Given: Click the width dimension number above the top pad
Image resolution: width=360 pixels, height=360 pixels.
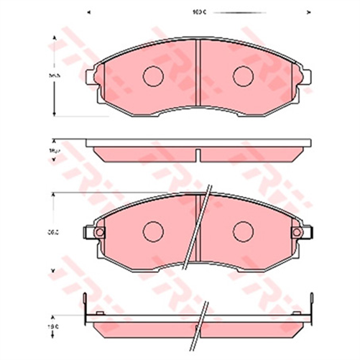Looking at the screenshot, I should click(198, 12).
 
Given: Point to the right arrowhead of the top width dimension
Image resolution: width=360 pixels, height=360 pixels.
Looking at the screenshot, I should click(310, 12).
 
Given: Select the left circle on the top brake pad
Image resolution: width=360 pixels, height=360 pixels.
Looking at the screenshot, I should click(153, 75).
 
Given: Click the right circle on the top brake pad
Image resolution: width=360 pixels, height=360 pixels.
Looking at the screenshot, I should click(244, 75).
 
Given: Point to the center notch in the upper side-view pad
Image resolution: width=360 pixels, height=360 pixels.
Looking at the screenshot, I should click(198, 153).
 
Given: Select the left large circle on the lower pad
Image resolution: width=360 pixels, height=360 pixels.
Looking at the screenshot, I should click(153, 231).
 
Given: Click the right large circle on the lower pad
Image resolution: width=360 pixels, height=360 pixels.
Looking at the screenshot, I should click(244, 231).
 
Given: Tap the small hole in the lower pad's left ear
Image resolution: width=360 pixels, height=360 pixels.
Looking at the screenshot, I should click(98, 231).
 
